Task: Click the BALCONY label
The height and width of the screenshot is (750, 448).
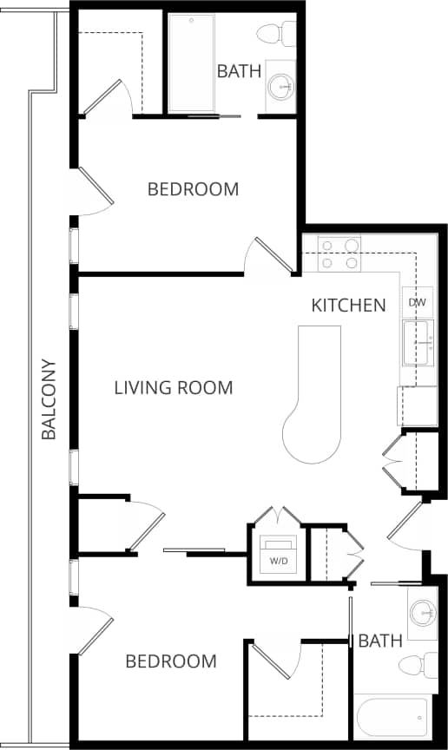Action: point(49,399)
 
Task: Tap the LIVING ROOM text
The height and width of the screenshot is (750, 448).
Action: point(174,388)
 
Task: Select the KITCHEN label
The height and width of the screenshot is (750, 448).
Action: point(348,306)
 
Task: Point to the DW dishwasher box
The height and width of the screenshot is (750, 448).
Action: point(417,302)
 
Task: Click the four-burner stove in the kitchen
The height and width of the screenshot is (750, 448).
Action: point(339,253)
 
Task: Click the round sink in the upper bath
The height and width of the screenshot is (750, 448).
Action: point(280,86)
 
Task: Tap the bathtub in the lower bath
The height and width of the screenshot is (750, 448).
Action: point(392,718)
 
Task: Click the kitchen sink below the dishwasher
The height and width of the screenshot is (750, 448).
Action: point(418,343)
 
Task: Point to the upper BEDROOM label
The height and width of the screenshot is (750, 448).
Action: point(193,189)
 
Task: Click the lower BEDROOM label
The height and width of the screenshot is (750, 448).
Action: point(171,661)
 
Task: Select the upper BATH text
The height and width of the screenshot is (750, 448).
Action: point(239,71)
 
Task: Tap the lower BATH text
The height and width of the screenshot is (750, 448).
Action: point(380,641)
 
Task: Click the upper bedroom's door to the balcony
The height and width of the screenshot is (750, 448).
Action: point(94,191)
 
